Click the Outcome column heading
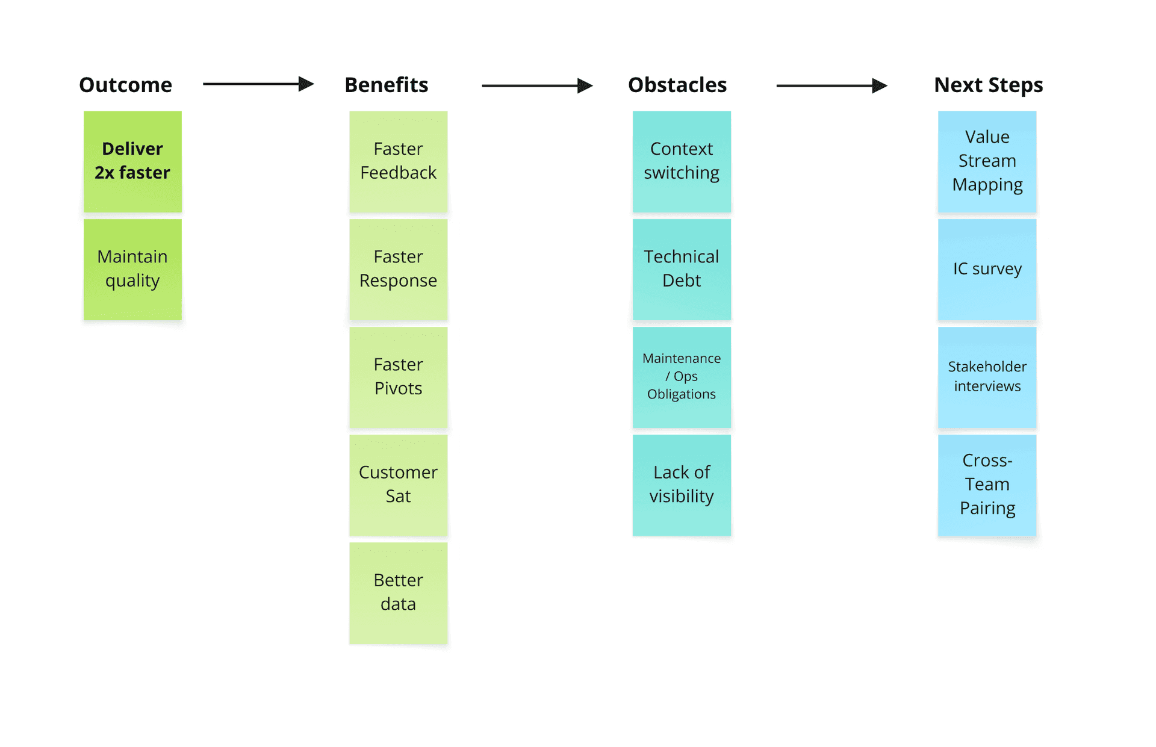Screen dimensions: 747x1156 (125, 85)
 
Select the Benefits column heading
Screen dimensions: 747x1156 (386, 85)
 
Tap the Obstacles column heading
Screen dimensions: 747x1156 (677, 85)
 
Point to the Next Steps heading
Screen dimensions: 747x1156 (988, 85)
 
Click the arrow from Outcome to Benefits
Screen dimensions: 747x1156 (258, 84)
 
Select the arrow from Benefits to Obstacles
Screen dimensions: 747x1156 (536, 85)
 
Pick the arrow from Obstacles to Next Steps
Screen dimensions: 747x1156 (831, 85)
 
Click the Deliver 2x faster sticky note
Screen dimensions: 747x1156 (132, 161)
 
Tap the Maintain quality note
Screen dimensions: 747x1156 (132, 269)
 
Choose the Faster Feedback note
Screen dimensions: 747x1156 (398, 161)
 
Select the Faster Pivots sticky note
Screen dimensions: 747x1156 (398, 377)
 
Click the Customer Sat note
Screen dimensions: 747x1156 (398, 485)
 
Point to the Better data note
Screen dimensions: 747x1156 (398, 592)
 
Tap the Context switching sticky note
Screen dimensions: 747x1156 (682, 161)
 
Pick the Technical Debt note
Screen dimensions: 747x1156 (682, 269)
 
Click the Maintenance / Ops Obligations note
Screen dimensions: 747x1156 (682, 377)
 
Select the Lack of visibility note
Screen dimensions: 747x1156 (682, 485)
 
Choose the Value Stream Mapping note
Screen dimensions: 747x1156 (987, 161)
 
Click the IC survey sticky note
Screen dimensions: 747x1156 (987, 269)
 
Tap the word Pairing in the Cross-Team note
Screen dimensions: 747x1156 (987, 508)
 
